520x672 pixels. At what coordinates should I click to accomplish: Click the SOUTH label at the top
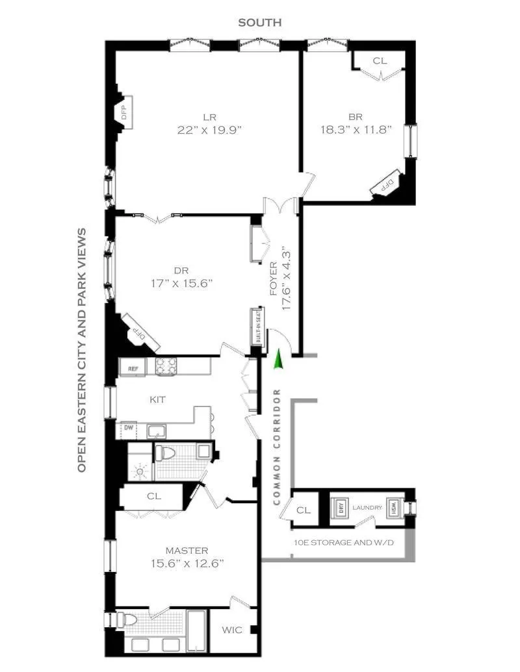pyautogui.click(x=260, y=23)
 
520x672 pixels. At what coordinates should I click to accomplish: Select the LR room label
pyautogui.click(x=209, y=118)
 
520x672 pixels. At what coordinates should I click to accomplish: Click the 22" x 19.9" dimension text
pyautogui.click(x=209, y=130)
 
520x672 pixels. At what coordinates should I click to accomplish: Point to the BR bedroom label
pyautogui.click(x=355, y=117)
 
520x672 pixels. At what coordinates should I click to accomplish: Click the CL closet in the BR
pyautogui.click(x=380, y=61)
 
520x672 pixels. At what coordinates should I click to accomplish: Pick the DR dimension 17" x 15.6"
pyautogui.click(x=181, y=283)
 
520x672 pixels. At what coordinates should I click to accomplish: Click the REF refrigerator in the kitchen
pyautogui.click(x=133, y=369)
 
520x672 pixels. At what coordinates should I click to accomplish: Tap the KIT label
pyautogui.click(x=157, y=400)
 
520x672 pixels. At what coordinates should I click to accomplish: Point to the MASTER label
pyautogui.click(x=186, y=551)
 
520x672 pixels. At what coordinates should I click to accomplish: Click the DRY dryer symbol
pyautogui.click(x=341, y=508)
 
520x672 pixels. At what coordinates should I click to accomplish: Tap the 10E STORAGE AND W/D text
pyautogui.click(x=343, y=541)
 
